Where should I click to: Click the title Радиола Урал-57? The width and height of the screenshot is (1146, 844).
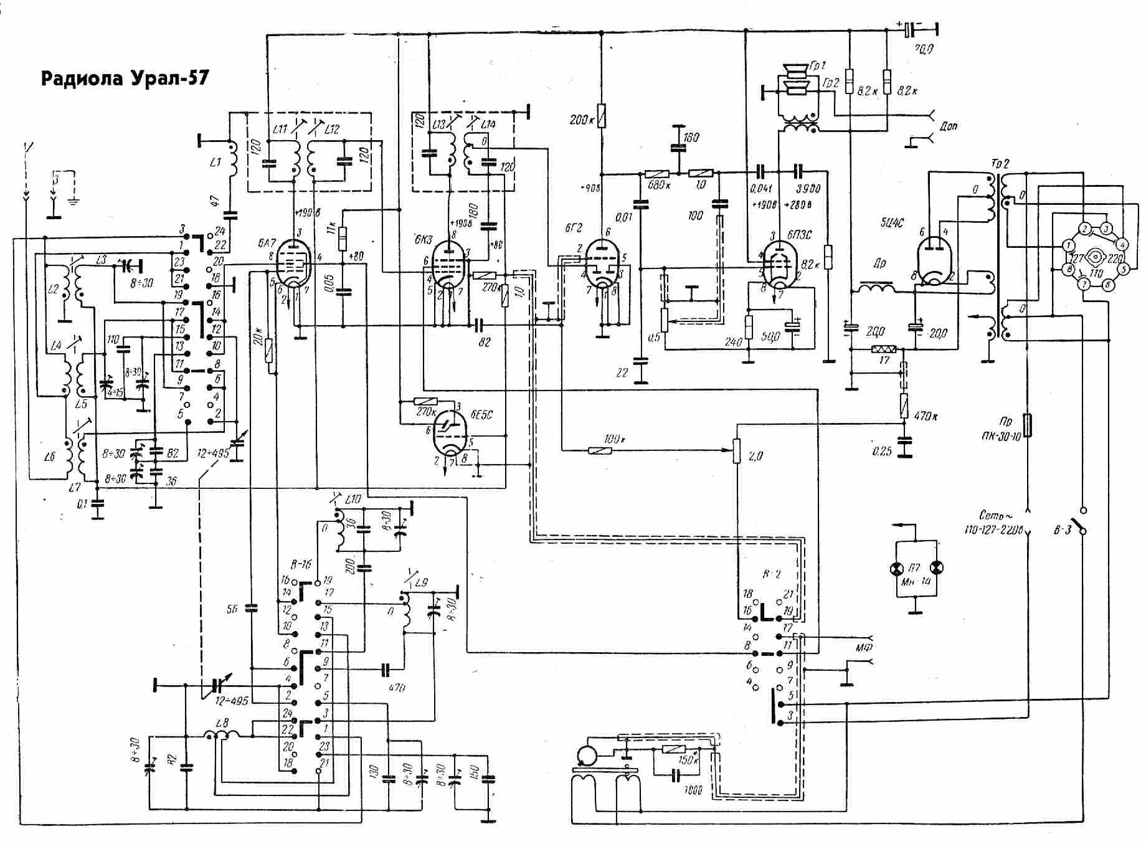(x=125, y=79)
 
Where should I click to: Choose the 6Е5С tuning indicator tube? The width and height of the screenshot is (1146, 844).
(x=450, y=434)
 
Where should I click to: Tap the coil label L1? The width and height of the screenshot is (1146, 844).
(x=215, y=163)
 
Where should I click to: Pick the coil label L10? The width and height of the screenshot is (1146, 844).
(x=353, y=500)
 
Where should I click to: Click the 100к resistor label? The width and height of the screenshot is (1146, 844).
(x=613, y=439)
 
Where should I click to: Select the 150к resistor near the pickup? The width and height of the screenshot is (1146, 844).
(x=674, y=750)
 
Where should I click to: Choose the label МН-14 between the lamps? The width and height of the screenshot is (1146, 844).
(x=916, y=582)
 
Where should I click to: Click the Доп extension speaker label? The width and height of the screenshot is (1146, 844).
(x=949, y=126)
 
